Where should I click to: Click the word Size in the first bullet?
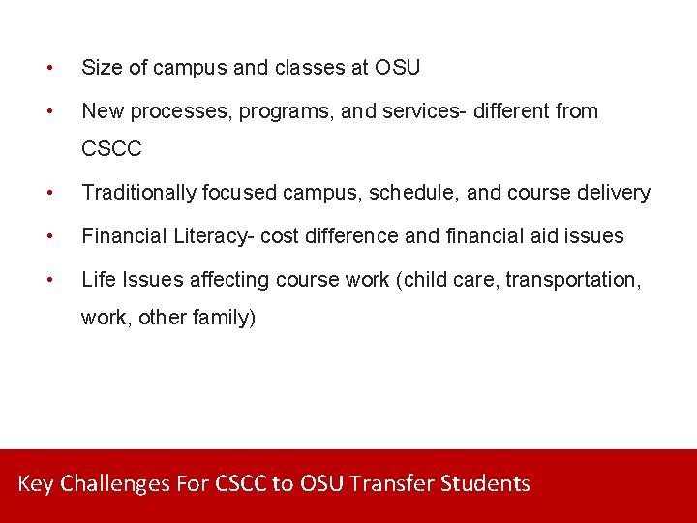pos(101,68)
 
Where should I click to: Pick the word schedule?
pos(418,193)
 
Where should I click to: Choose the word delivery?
pos(617,193)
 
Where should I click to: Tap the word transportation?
pos(582,279)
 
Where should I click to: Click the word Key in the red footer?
pos(36,483)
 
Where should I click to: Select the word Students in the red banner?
pos(485,483)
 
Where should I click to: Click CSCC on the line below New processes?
pos(111,149)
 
